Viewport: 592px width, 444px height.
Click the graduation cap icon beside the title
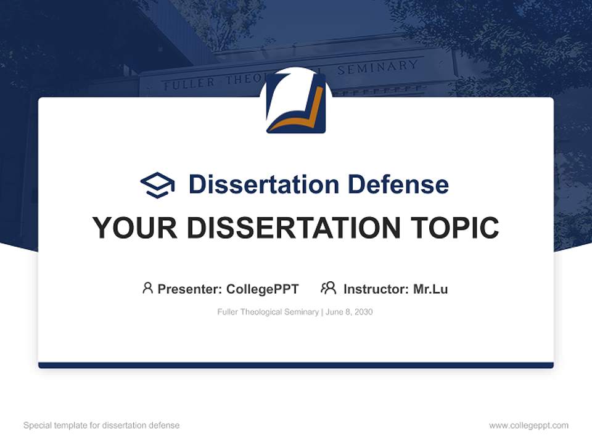(157, 184)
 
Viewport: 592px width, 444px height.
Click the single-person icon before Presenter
(147, 288)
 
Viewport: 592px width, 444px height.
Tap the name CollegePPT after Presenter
(263, 289)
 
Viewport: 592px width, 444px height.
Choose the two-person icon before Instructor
(328, 288)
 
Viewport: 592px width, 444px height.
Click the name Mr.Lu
(430, 289)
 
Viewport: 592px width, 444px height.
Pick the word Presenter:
(190, 289)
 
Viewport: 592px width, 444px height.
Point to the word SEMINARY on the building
(377, 67)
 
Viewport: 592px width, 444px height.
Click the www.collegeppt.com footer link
(528, 425)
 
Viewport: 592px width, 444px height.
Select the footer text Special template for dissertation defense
(102, 425)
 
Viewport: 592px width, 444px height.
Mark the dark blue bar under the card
(296, 365)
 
